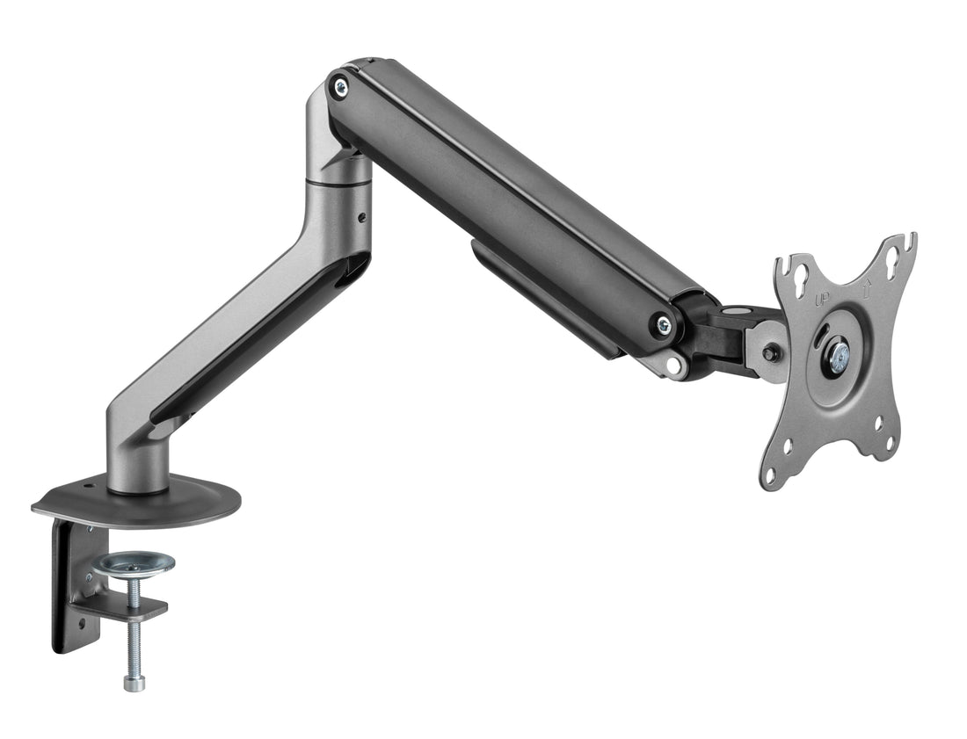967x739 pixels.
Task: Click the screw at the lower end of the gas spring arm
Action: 664,324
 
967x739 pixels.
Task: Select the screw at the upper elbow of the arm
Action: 339,85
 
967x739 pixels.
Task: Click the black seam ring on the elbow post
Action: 338,185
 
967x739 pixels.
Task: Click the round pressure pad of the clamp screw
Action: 134,562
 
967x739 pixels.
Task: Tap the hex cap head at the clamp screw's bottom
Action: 134,681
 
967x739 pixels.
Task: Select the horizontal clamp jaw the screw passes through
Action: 119,607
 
